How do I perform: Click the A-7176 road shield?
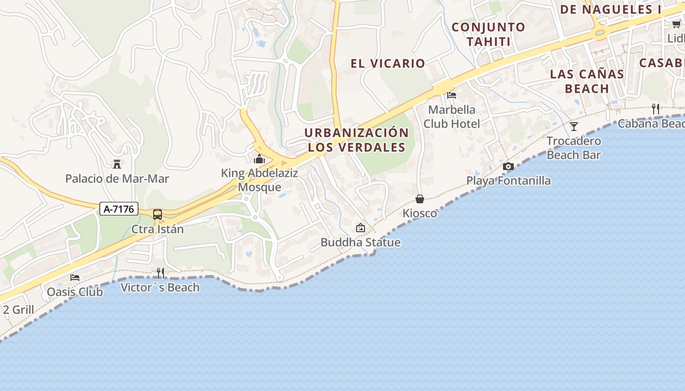pyautogui.click(x=119, y=209)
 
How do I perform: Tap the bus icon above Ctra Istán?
pyautogui.click(x=158, y=214)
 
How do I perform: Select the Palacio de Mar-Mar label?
pyautogui.click(x=117, y=179)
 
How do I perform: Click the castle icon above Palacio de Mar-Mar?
pyautogui.click(x=117, y=164)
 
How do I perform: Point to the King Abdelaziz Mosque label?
pyautogui.click(x=259, y=180)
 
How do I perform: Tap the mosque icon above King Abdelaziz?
pyautogui.click(x=259, y=159)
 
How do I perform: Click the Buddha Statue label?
pyautogui.click(x=361, y=242)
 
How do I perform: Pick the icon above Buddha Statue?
pyautogui.click(x=361, y=227)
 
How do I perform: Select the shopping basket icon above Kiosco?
pyautogui.click(x=420, y=198)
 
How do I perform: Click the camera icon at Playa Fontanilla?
pyautogui.click(x=508, y=166)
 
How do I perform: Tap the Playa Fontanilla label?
pyautogui.click(x=508, y=181)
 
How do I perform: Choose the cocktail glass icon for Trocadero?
pyautogui.click(x=574, y=127)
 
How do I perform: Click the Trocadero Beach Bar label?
pyautogui.click(x=574, y=148)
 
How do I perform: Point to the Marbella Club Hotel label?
pyautogui.click(x=452, y=116)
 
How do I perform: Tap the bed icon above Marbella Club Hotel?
pyautogui.click(x=452, y=95)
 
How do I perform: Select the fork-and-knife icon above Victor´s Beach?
pyautogui.click(x=160, y=273)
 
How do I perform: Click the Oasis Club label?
pyautogui.click(x=75, y=292)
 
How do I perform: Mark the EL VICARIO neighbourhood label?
pyautogui.click(x=388, y=64)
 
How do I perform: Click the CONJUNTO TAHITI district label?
pyautogui.click(x=488, y=34)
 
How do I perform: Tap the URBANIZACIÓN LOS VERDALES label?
pyautogui.click(x=357, y=140)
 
